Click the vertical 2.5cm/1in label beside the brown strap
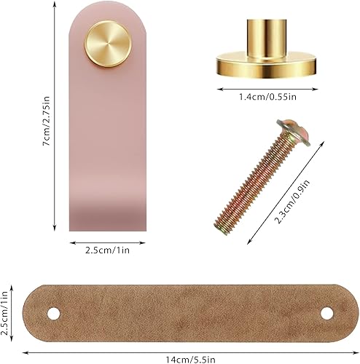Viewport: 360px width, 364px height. (x=7, y=314)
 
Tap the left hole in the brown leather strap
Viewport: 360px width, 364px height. (x=52, y=313)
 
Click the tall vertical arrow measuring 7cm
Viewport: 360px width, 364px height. (x=55, y=116)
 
